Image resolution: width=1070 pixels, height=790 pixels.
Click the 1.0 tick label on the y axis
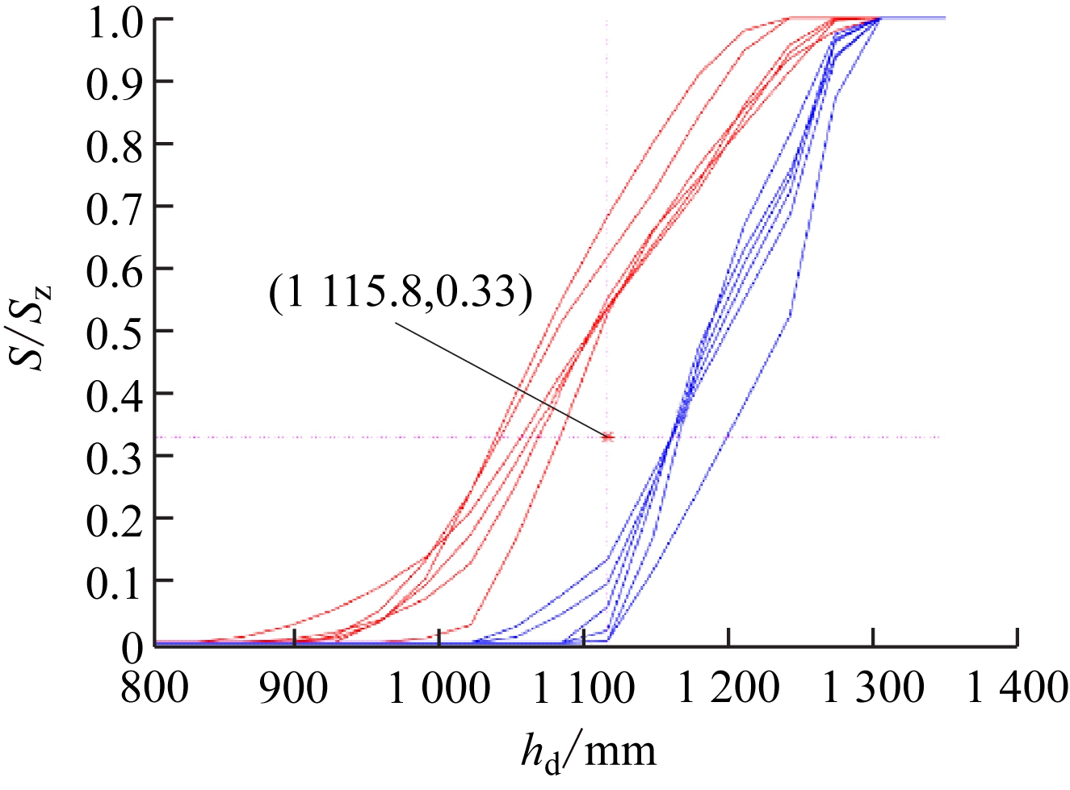tap(114, 21)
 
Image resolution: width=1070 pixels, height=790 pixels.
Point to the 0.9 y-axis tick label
tap(114, 83)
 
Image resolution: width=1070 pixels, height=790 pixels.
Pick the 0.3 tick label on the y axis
tap(114, 457)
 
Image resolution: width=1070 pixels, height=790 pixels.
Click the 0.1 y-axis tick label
tap(114, 582)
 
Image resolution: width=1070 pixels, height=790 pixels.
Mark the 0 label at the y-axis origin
tap(132, 646)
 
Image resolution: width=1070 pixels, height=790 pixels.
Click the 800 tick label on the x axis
tap(154, 688)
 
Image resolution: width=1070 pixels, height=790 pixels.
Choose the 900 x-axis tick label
tap(294, 688)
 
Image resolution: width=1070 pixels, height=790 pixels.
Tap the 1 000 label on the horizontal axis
tap(438, 688)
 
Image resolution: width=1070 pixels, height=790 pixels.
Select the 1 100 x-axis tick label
tap(583, 688)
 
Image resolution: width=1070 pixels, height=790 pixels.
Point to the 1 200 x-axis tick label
tap(728, 688)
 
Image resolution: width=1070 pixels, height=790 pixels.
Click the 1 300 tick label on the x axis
tap(872, 688)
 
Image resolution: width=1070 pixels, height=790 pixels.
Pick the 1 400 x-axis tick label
tap(1017, 688)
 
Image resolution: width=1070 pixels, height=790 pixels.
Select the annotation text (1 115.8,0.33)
tap(401, 291)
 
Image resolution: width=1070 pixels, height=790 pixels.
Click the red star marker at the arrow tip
tap(608, 437)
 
